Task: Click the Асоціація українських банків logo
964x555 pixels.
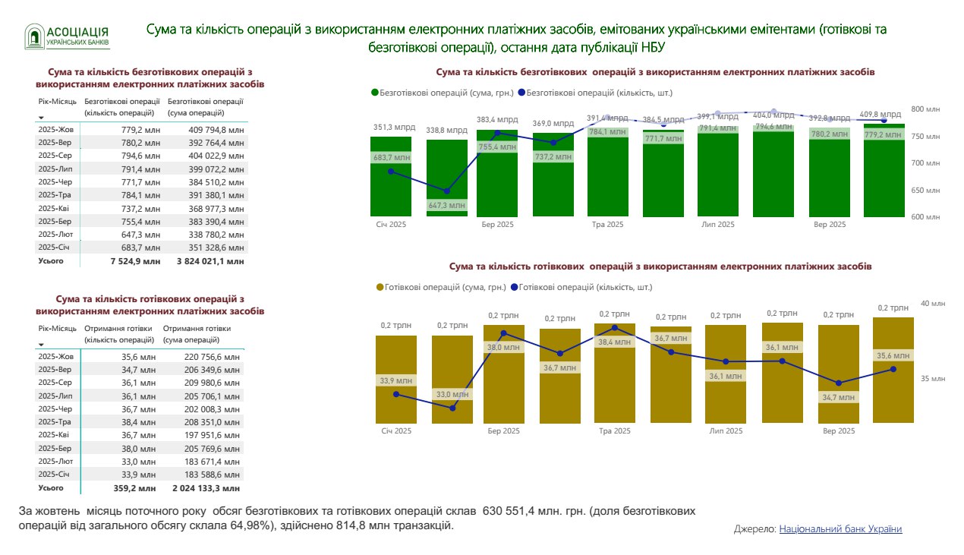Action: click(x=67, y=36)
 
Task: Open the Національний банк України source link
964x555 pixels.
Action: click(x=840, y=529)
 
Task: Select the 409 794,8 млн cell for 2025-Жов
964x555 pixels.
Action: click(x=216, y=130)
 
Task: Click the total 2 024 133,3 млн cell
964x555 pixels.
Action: click(x=207, y=488)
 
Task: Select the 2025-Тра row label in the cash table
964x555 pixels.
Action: click(x=55, y=422)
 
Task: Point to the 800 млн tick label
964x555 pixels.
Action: click(x=925, y=109)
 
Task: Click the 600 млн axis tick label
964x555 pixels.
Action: click(x=925, y=217)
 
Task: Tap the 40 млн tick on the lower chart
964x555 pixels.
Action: click(x=933, y=304)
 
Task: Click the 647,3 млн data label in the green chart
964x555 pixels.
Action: click(x=446, y=205)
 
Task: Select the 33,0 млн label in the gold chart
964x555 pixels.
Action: click(x=452, y=394)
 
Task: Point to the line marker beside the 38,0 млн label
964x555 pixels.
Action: click(x=503, y=333)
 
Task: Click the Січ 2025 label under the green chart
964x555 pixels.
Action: click(x=391, y=225)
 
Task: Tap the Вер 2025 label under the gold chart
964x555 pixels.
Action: click(x=839, y=431)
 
